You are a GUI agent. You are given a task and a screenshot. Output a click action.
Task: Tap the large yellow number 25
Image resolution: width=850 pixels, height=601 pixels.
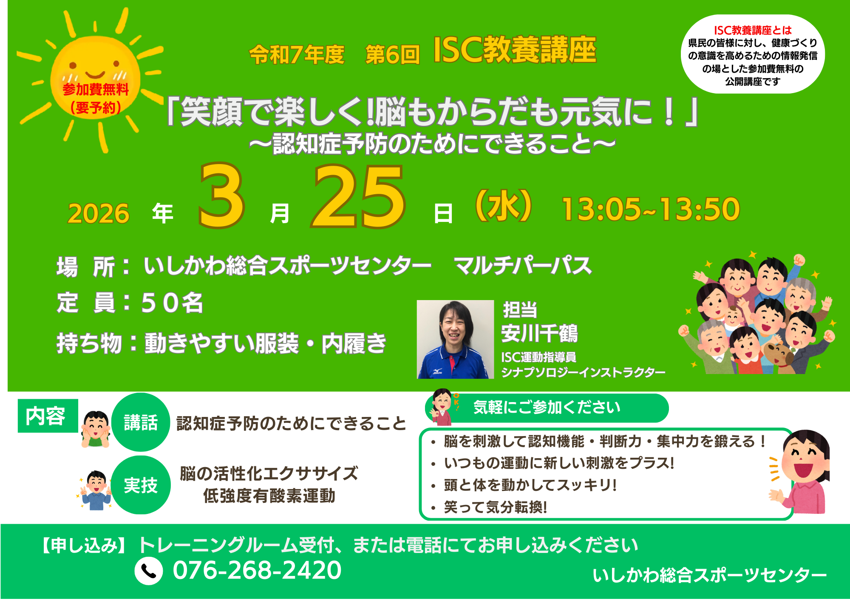coord(358,197)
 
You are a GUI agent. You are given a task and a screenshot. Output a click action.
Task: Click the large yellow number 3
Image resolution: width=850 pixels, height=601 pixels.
coord(221,196)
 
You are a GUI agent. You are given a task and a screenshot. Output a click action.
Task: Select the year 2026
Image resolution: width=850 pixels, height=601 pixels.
coord(99,213)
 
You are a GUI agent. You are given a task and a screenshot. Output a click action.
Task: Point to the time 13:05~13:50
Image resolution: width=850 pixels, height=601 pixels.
coord(651,209)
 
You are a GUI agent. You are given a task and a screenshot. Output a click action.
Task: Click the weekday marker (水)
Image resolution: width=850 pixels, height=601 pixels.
coord(504,206)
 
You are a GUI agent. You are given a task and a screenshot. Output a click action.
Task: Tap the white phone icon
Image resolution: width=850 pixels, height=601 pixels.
coord(149,571)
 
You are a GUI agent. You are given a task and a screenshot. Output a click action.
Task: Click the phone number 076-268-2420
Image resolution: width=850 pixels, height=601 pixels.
coord(257,570)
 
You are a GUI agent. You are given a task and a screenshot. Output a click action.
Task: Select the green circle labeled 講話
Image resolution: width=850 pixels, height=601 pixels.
coord(141,422)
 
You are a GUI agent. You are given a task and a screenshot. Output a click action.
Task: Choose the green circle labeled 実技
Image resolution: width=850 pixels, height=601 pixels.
coord(141,485)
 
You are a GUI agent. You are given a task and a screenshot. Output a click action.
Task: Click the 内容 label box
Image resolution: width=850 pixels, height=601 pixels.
coord(48,416)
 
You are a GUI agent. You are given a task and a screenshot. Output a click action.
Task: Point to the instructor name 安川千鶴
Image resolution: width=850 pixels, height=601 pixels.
coord(540,333)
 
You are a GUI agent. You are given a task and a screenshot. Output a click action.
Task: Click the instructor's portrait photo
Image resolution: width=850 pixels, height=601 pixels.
coord(455,339)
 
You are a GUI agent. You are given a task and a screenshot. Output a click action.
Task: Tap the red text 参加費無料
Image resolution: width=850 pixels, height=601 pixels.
coord(96,89)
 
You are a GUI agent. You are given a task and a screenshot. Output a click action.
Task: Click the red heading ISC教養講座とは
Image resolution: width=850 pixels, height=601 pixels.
coord(753,30)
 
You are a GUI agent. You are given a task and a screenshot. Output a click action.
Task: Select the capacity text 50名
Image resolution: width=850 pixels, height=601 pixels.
coord(172,303)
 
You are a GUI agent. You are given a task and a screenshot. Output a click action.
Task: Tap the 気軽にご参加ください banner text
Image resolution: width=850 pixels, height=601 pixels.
coord(547,407)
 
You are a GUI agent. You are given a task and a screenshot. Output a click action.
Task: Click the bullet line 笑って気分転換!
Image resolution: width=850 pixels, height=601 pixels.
coord(496,507)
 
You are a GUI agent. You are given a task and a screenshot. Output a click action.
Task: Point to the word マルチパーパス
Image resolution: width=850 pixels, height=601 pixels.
coord(523,266)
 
